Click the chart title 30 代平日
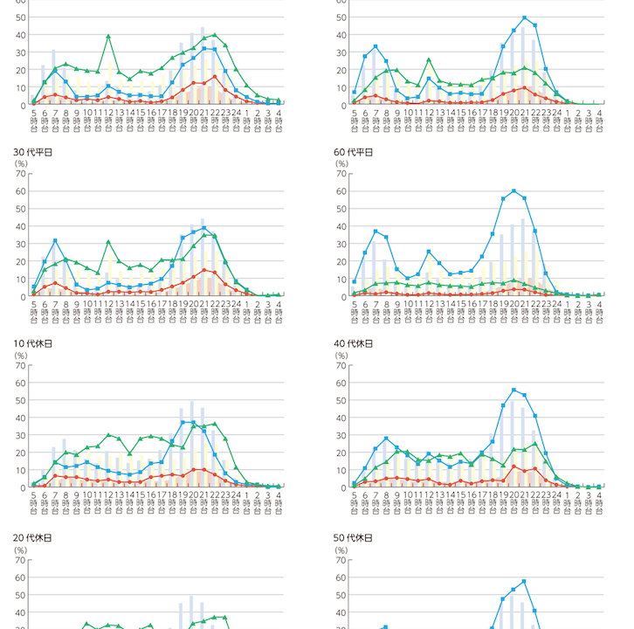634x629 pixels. pyautogui.click(x=32, y=152)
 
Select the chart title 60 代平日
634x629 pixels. pyautogui.click(x=354, y=152)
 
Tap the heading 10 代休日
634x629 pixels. pyautogui.click(x=32, y=344)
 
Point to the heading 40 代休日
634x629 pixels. pyautogui.click(x=354, y=344)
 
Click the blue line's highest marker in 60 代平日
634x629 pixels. pyautogui.click(x=513, y=190)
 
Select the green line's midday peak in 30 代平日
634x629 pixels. pyautogui.click(x=108, y=242)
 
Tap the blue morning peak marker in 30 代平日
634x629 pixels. pyautogui.click(x=55, y=240)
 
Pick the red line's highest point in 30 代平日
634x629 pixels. pyautogui.click(x=204, y=270)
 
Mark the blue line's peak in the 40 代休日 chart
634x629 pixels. pyautogui.click(x=513, y=390)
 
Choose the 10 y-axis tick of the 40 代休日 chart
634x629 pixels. pyautogui.click(x=343, y=470)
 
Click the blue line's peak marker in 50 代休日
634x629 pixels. pyautogui.click(x=524, y=582)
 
